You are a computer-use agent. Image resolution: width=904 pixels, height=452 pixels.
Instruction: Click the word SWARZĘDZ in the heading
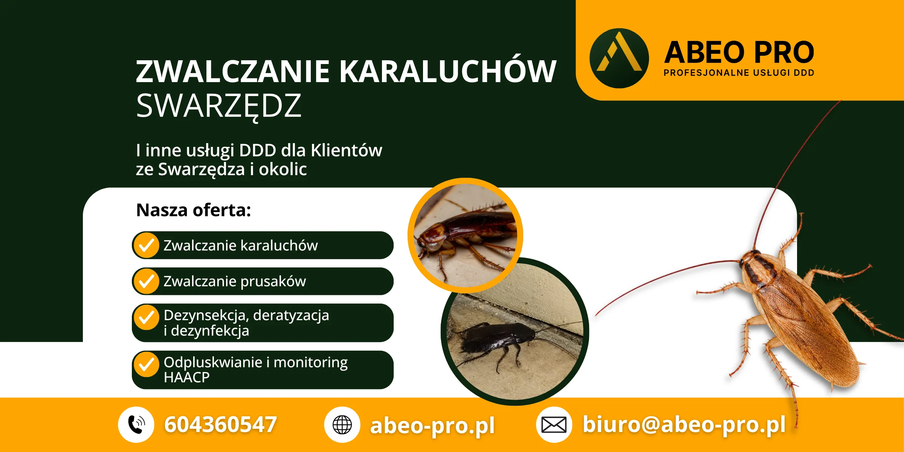(x=219, y=107)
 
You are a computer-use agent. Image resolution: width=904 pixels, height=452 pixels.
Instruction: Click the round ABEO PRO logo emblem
(x=619, y=58)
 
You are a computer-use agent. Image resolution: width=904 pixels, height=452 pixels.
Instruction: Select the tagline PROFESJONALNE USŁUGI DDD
(x=739, y=73)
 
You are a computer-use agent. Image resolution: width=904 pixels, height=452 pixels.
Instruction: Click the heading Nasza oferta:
(x=194, y=210)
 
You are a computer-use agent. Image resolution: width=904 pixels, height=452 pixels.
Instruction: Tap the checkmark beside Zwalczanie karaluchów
(x=147, y=246)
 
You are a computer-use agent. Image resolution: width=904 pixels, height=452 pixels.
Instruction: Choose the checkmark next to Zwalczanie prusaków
(x=147, y=281)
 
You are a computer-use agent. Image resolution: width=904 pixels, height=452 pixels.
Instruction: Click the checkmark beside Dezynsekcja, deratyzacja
(x=147, y=317)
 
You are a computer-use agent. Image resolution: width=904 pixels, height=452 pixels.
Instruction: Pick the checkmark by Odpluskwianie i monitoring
(x=147, y=364)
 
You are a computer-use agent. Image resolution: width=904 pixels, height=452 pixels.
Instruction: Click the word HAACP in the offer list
(x=187, y=377)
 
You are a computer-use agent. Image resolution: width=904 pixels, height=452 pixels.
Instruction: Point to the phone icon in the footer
(x=136, y=425)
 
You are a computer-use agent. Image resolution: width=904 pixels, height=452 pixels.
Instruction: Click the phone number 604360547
(x=221, y=425)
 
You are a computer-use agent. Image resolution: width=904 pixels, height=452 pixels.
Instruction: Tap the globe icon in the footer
(x=342, y=425)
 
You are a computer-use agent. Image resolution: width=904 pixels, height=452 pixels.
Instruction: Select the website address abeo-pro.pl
(x=432, y=426)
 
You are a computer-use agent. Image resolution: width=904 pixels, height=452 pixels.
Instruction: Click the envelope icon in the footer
(x=554, y=425)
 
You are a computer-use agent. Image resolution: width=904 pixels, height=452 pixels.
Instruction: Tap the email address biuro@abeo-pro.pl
(x=684, y=425)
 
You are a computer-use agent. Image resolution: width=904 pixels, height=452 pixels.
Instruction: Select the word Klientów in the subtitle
(x=347, y=150)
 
